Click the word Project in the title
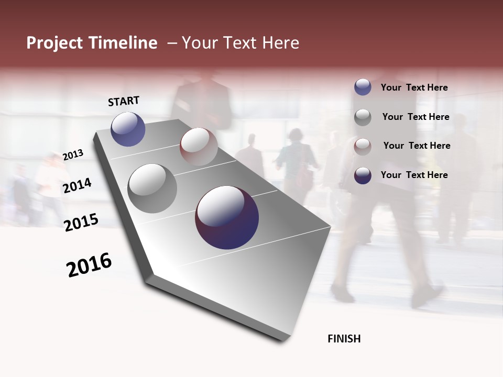pyautogui.click(x=54, y=43)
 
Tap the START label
pyautogui.click(x=124, y=101)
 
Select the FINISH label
pyautogui.click(x=344, y=339)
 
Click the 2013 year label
pyautogui.click(x=73, y=155)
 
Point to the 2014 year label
pyautogui.click(x=77, y=185)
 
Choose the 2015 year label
pyautogui.click(x=81, y=223)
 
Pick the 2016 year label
pyautogui.click(x=89, y=265)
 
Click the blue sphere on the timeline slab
pyautogui.click(x=128, y=129)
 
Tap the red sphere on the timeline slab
pyautogui.click(x=199, y=147)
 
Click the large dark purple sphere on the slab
pyautogui.click(x=227, y=217)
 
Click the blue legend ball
pyautogui.click(x=363, y=87)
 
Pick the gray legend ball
pyautogui.click(x=363, y=117)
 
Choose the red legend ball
pyautogui.click(x=363, y=146)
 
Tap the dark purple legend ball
pyautogui.click(x=363, y=175)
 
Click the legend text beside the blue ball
pyautogui.click(x=414, y=87)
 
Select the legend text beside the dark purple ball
pyautogui.click(x=414, y=175)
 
